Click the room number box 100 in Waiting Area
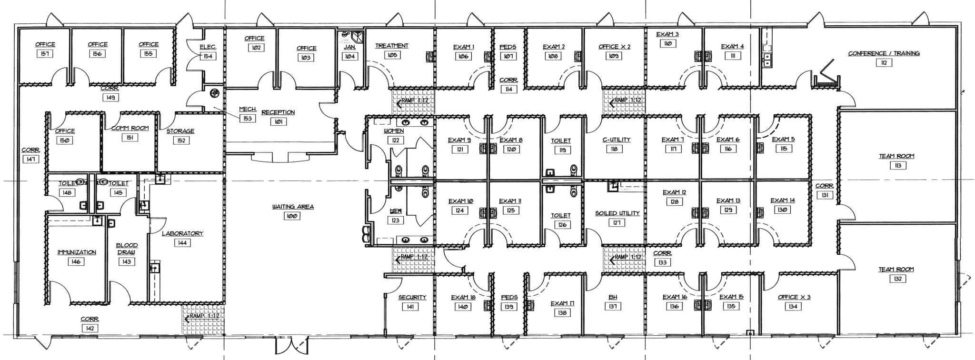click(x=292, y=216)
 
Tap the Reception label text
click(x=278, y=112)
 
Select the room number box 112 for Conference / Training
click(x=883, y=62)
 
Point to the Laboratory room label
click(x=182, y=233)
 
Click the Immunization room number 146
click(x=76, y=261)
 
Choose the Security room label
click(x=412, y=297)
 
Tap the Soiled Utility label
click(x=617, y=213)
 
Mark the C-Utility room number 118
click(x=614, y=149)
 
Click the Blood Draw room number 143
click(x=126, y=261)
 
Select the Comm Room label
click(x=129, y=128)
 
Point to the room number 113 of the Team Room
click(x=897, y=165)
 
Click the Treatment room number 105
click(x=393, y=55)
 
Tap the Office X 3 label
click(x=794, y=297)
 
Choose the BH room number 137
click(x=613, y=306)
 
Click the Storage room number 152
click(x=181, y=140)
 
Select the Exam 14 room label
click(x=782, y=200)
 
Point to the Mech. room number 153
click(x=247, y=118)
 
